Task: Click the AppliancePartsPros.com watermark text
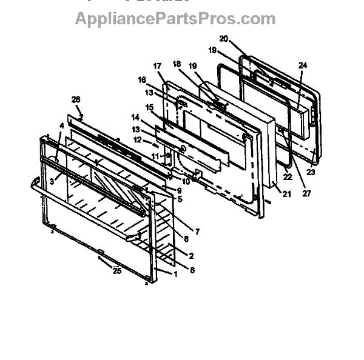pyautogui.click(x=175, y=18)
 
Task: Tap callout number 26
pyautogui.click(x=76, y=99)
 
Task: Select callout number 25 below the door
pyautogui.click(x=116, y=271)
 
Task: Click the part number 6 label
pyautogui.click(x=192, y=270)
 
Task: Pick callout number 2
pyautogui.click(x=192, y=256)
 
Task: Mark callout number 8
pyautogui.click(x=185, y=239)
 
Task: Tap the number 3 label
pyautogui.click(x=53, y=181)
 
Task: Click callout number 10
pyautogui.click(x=186, y=181)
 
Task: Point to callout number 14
pyautogui.click(x=135, y=117)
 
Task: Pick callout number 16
pyautogui.click(x=142, y=79)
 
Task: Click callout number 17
pyautogui.click(x=157, y=65)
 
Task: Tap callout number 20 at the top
pyautogui.click(x=223, y=39)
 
